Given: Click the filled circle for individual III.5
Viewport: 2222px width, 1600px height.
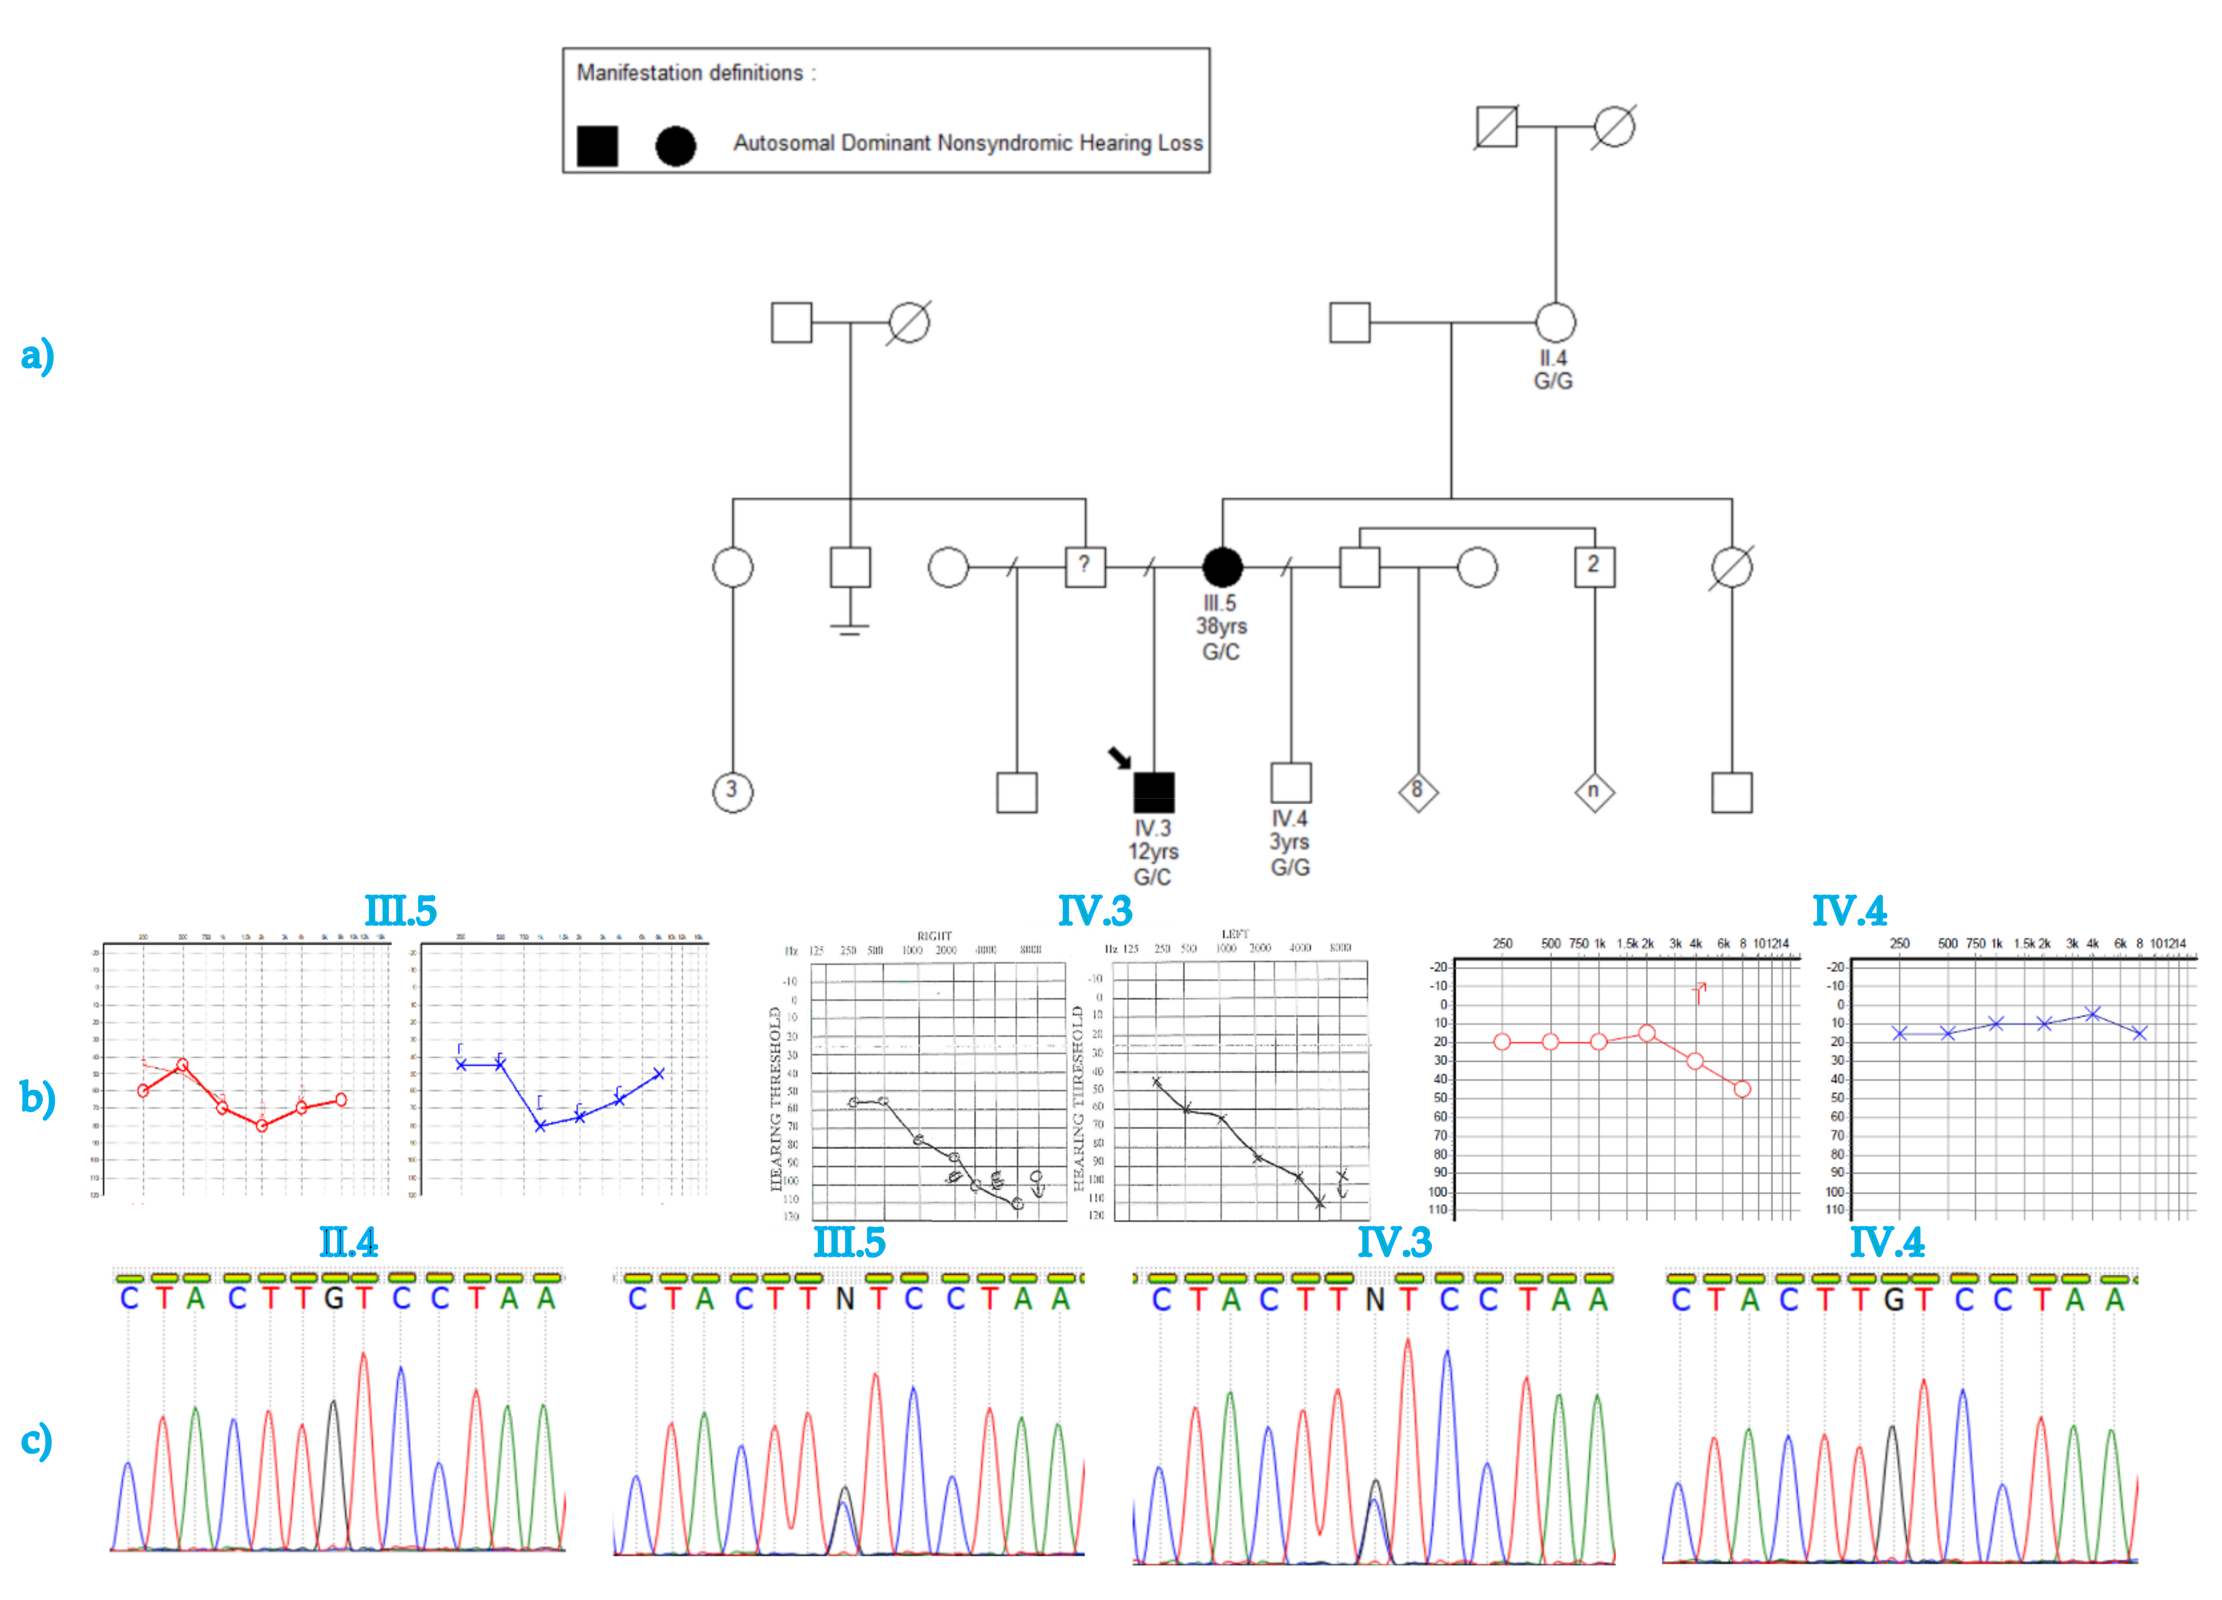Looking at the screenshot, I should (x=1222, y=566).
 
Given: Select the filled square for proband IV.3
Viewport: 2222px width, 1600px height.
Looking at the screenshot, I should (x=1153, y=792).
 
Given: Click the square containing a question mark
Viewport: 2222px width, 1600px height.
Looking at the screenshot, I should (x=1085, y=566).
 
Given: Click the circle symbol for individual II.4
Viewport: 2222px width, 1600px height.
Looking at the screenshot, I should (x=1555, y=322).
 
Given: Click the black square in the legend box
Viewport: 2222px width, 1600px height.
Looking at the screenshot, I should (x=597, y=146).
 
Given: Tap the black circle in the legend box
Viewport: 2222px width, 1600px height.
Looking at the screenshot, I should (x=675, y=146).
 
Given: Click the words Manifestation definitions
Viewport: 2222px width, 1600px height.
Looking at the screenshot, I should (x=690, y=73).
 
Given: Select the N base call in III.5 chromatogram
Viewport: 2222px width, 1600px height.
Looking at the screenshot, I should (x=845, y=1299).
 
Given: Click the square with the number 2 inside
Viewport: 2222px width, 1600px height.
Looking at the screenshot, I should (x=1594, y=566).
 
